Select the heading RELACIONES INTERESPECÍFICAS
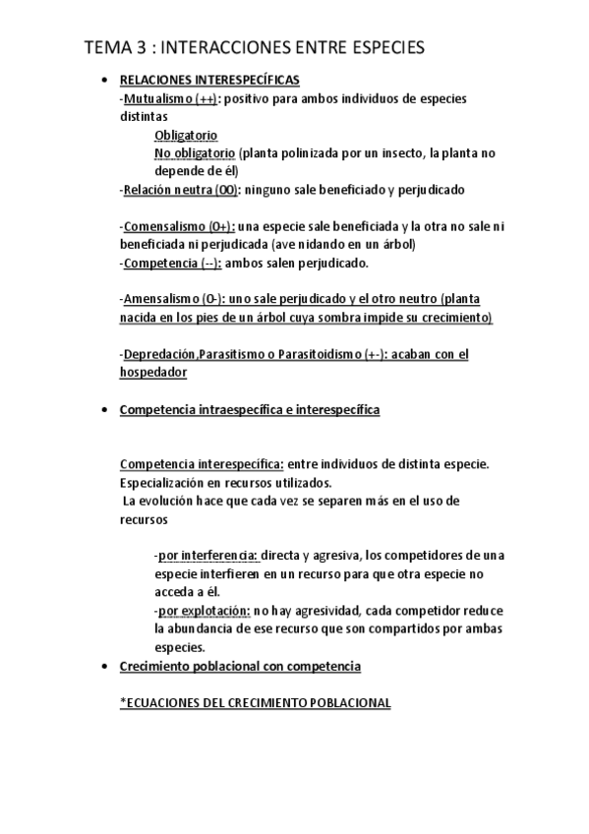pos(209,80)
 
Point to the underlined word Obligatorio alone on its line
pos(186,135)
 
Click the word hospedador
pos(153,372)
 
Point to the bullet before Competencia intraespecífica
pos(103,410)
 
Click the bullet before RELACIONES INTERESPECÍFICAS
pos(103,81)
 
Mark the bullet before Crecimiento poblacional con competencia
pos(103,667)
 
